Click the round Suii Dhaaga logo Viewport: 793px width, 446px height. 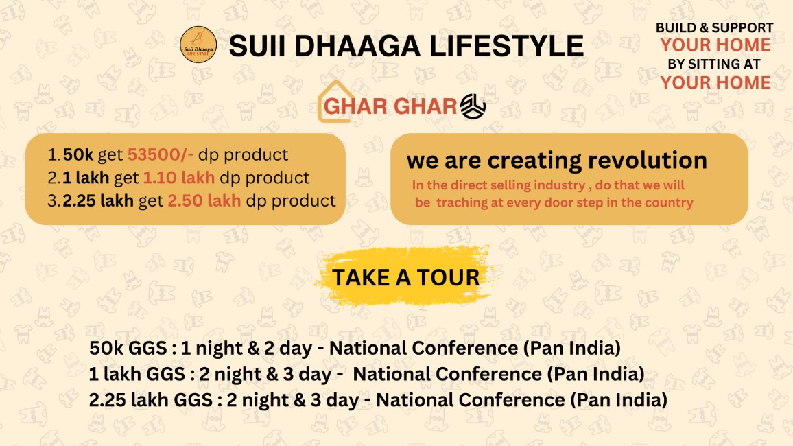tap(198, 45)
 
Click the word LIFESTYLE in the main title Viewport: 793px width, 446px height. tap(506, 46)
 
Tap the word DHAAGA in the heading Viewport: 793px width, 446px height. tap(357, 46)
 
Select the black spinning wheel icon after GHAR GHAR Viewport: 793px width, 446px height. tap(473, 106)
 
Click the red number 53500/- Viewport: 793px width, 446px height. tap(161, 154)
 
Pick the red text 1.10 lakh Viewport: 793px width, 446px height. tap(179, 178)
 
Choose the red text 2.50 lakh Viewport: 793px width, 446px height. tap(204, 201)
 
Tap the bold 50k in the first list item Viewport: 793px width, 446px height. tap(78, 154)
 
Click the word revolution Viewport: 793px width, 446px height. tap(648, 161)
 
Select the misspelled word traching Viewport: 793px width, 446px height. tap(457, 202)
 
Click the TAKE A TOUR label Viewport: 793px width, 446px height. tap(405, 278)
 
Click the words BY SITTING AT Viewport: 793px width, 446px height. tap(714, 64)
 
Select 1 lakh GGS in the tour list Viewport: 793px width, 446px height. tap(137, 374)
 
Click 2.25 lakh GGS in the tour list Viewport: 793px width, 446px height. tap(151, 400)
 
